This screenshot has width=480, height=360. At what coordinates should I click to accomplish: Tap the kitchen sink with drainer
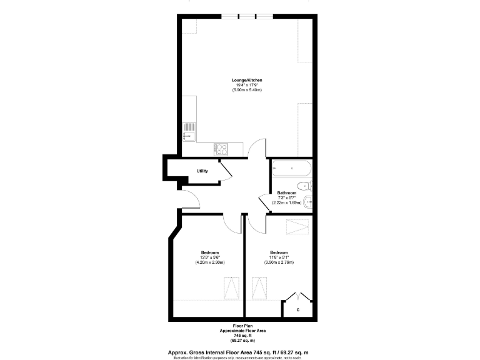tap(189, 131)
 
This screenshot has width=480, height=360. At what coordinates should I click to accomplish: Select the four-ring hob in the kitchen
tap(221, 149)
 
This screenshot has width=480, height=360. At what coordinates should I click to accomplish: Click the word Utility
tap(202, 171)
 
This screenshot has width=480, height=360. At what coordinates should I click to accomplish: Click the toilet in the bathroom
tap(304, 186)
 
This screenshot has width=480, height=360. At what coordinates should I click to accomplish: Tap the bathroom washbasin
tap(307, 201)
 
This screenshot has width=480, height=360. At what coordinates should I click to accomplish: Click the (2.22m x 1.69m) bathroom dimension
tap(286, 202)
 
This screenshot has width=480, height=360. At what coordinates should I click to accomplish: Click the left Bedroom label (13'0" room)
tap(209, 252)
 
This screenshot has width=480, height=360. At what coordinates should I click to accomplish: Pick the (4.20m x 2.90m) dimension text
tap(209, 262)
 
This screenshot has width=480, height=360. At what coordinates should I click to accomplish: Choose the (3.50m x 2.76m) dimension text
tap(278, 262)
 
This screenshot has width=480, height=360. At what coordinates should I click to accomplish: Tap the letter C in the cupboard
tap(297, 309)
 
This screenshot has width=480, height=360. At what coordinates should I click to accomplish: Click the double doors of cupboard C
tap(297, 296)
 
